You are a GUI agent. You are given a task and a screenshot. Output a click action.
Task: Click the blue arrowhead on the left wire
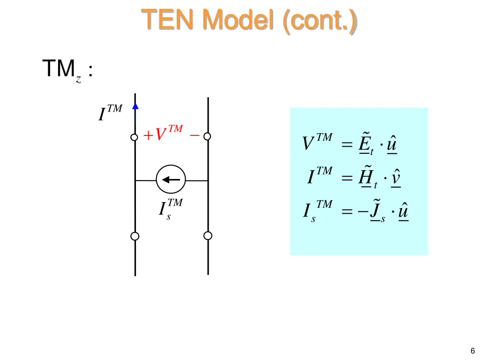(135, 106)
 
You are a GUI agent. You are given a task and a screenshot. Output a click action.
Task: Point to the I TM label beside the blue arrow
(110, 113)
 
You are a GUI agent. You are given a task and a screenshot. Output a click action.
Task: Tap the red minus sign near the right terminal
(194, 135)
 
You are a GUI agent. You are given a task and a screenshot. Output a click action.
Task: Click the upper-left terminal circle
(135, 137)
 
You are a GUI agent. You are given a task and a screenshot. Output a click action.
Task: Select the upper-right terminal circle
(207, 136)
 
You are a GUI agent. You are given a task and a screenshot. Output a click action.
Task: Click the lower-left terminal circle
(135, 236)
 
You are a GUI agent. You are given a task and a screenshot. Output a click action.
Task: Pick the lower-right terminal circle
(208, 235)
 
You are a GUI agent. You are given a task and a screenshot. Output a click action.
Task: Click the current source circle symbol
(171, 180)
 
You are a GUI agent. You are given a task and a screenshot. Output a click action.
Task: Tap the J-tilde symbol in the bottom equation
(375, 211)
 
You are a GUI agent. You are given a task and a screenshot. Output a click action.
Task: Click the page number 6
(472, 351)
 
